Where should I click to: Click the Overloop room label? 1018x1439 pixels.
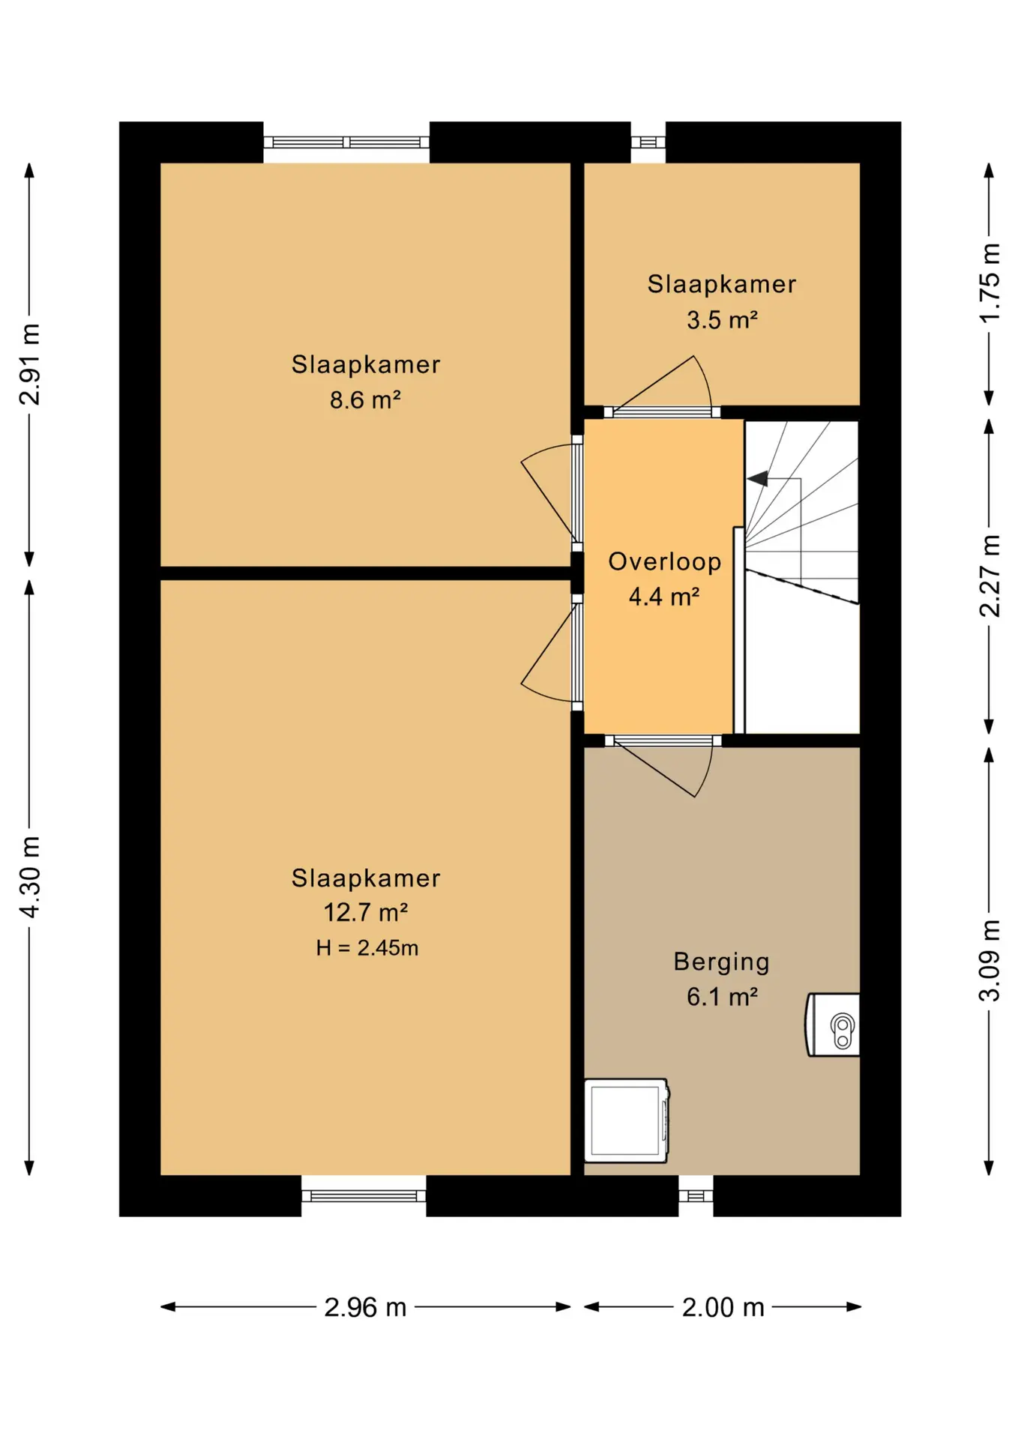tap(664, 561)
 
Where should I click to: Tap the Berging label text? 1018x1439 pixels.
tap(721, 962)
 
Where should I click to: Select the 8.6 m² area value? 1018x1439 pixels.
tap(365, 399)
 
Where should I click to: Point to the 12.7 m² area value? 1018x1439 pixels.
tap(365, 912)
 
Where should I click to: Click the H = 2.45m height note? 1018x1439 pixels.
tap(367, 948)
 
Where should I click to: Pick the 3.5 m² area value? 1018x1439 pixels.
tap(722, 319)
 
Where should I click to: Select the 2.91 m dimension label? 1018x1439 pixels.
tap(29, 365)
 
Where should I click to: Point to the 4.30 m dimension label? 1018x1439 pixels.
tap(29, 877)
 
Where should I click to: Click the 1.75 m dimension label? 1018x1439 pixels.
tap(990, 283)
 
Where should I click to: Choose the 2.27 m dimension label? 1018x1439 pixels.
tap(990, 576)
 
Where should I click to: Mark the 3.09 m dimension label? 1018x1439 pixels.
tap(990, 961)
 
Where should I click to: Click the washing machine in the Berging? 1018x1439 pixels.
tap(626, 1120)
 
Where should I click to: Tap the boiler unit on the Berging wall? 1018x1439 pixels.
tap(833, 1025)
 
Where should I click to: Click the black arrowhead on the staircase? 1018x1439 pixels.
tap(758, 478)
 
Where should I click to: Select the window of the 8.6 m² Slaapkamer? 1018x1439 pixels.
tap(346, 142)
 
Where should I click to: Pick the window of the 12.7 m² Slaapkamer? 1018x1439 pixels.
tap(364, 1196)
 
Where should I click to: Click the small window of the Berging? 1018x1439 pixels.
tap(696, 1196)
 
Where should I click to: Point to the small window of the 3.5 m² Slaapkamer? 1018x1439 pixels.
tap(648, 142)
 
